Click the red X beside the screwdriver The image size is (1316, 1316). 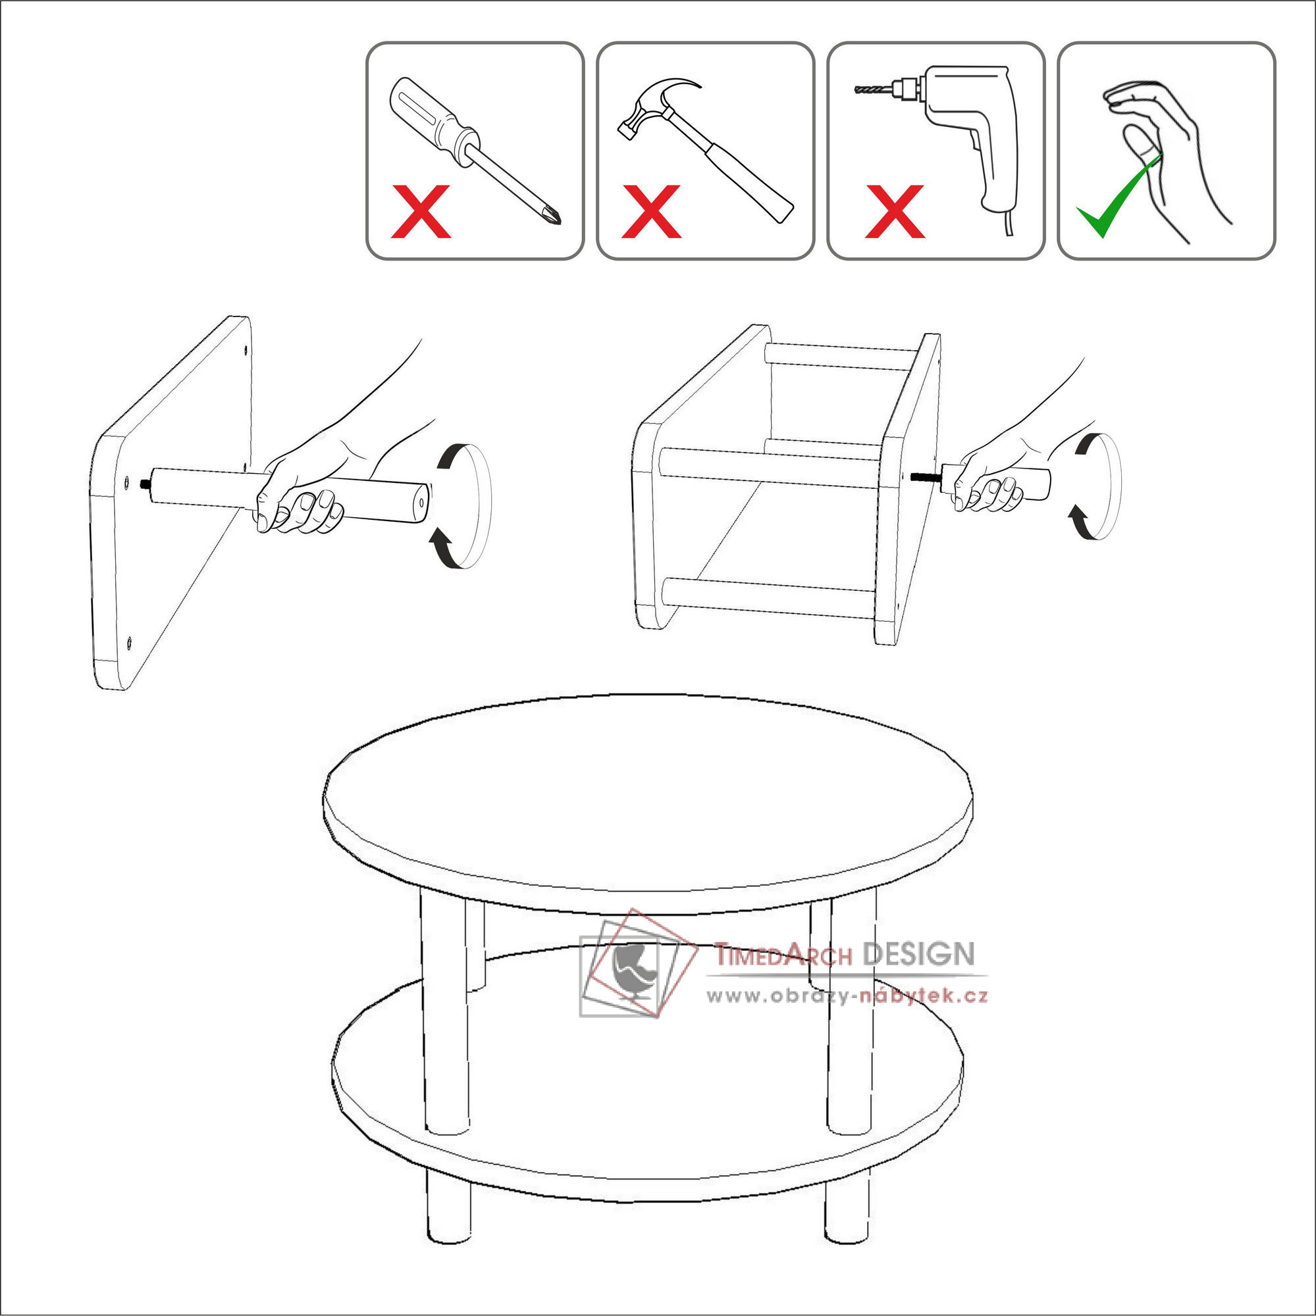421,211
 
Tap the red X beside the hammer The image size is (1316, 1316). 651,211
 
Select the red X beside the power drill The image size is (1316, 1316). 894,211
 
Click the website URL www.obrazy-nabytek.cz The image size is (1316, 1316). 847,996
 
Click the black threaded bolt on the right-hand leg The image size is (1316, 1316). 926,477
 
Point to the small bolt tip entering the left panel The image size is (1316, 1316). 144,484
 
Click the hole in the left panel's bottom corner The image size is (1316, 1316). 129,641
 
